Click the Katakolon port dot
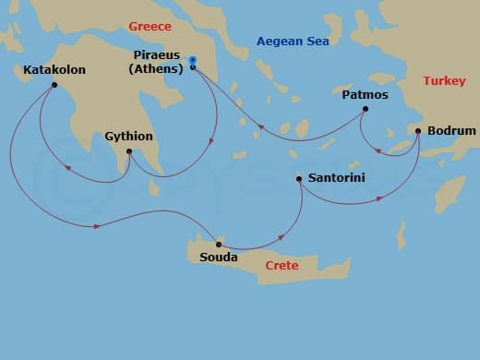tap(54, 86)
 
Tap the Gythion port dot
tap(128, 151)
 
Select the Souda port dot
tap(218, 244)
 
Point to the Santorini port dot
tap(298, 179)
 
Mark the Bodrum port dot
tap(418, 131)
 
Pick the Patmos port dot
tap(365, 109)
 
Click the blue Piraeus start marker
tap(192, 61)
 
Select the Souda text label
tap(219, 258)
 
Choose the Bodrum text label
tap(452, 131)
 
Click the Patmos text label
tap(365, 94)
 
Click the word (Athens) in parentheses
tap(155, 68)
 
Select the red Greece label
tap(150, 27)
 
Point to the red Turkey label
tap(444, 81)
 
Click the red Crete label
tap(282, 266)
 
